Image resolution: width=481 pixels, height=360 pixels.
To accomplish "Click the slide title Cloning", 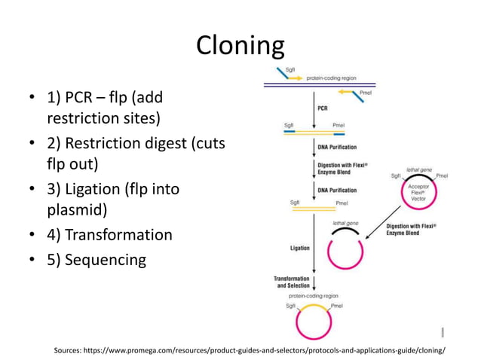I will tap(240, 47).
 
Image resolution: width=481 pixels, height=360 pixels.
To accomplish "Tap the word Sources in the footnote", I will tap(73, 349).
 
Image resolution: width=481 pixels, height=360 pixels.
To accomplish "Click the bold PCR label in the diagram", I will tap(323, 107).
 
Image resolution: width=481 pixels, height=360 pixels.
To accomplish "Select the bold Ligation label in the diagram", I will tap(299, 247).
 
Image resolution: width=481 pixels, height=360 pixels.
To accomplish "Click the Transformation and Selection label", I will tap(291, 282).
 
